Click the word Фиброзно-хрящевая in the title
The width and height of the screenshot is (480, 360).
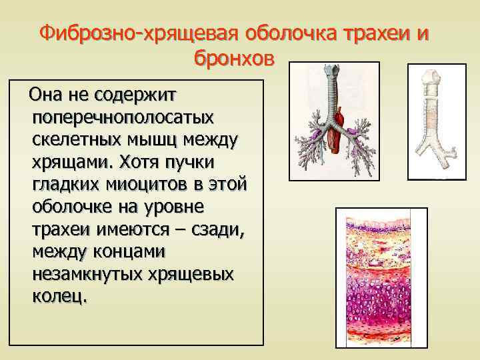click(137, 34)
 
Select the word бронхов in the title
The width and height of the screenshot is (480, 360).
click(234, 58)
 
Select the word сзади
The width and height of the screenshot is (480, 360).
click(217, 230)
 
